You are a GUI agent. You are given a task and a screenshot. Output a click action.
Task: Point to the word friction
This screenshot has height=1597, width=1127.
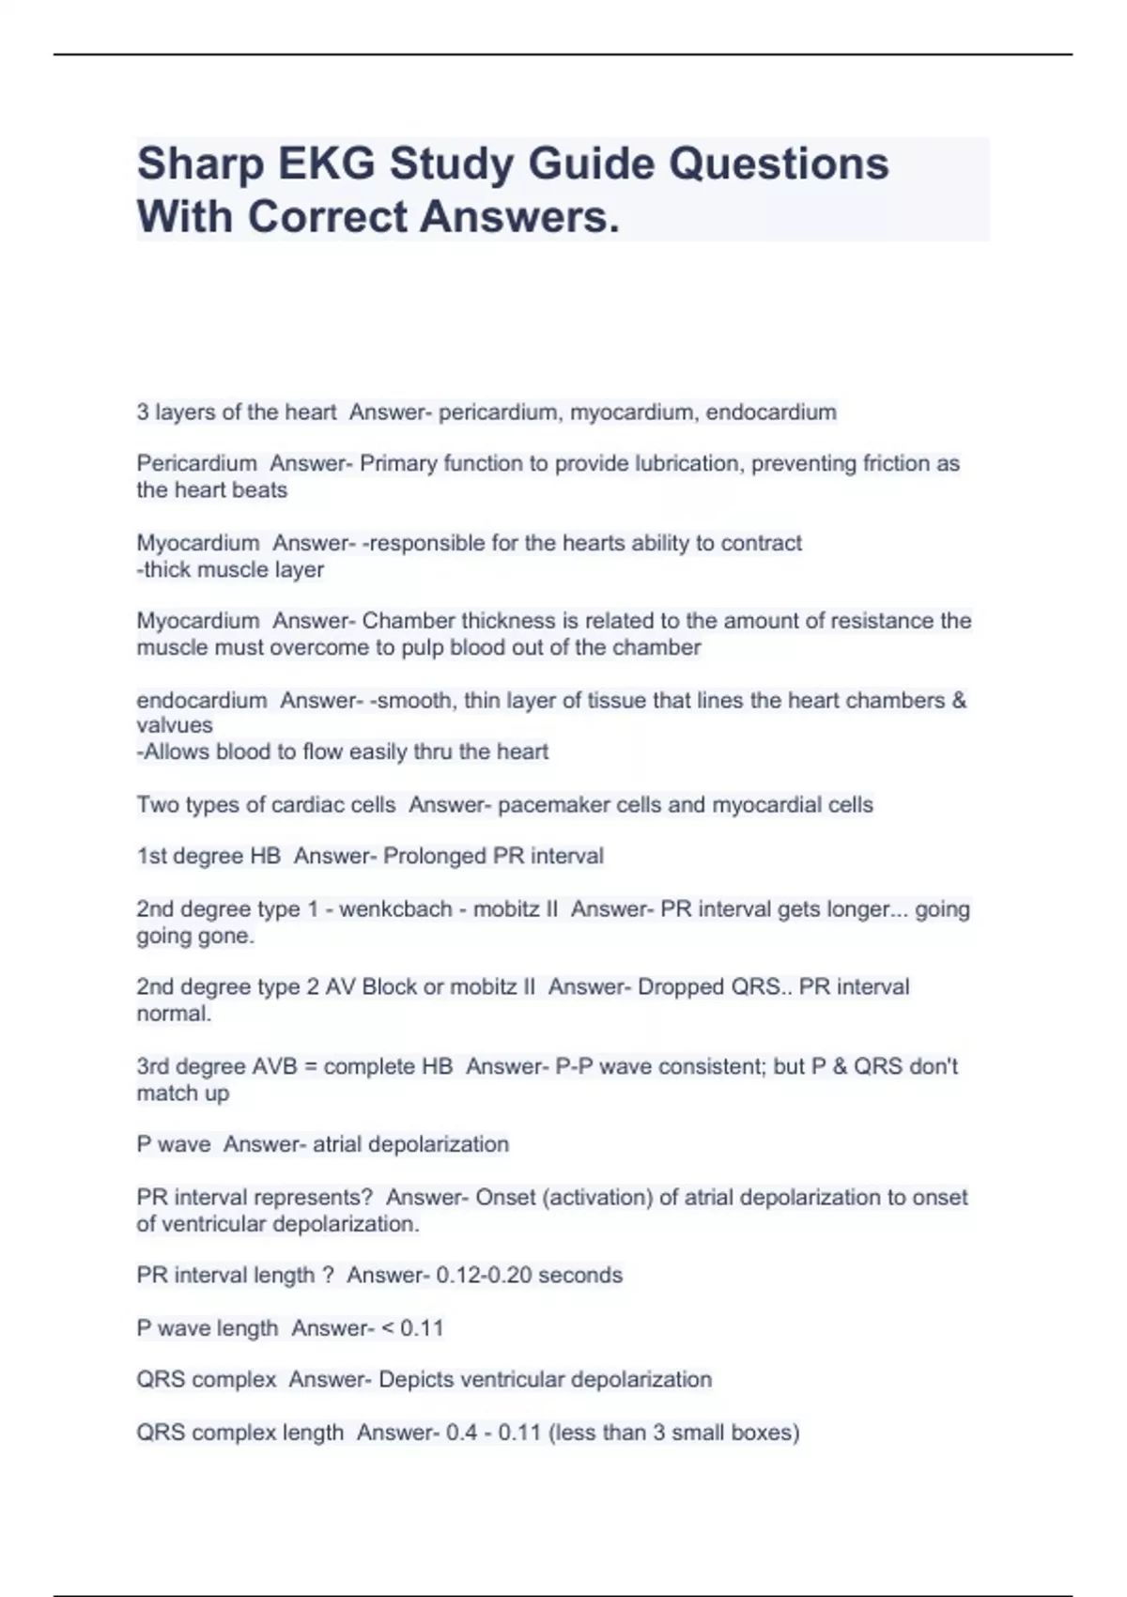pos(895,463)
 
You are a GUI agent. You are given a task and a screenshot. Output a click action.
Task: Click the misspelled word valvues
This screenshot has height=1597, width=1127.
pos(175,725)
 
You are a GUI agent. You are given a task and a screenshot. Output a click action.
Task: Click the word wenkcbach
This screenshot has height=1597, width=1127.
pos(395,909)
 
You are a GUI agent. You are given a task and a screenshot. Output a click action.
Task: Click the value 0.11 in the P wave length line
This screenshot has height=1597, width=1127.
pos(422,1328)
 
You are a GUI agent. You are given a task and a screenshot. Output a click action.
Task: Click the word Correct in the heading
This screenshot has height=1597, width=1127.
pos(327,217)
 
